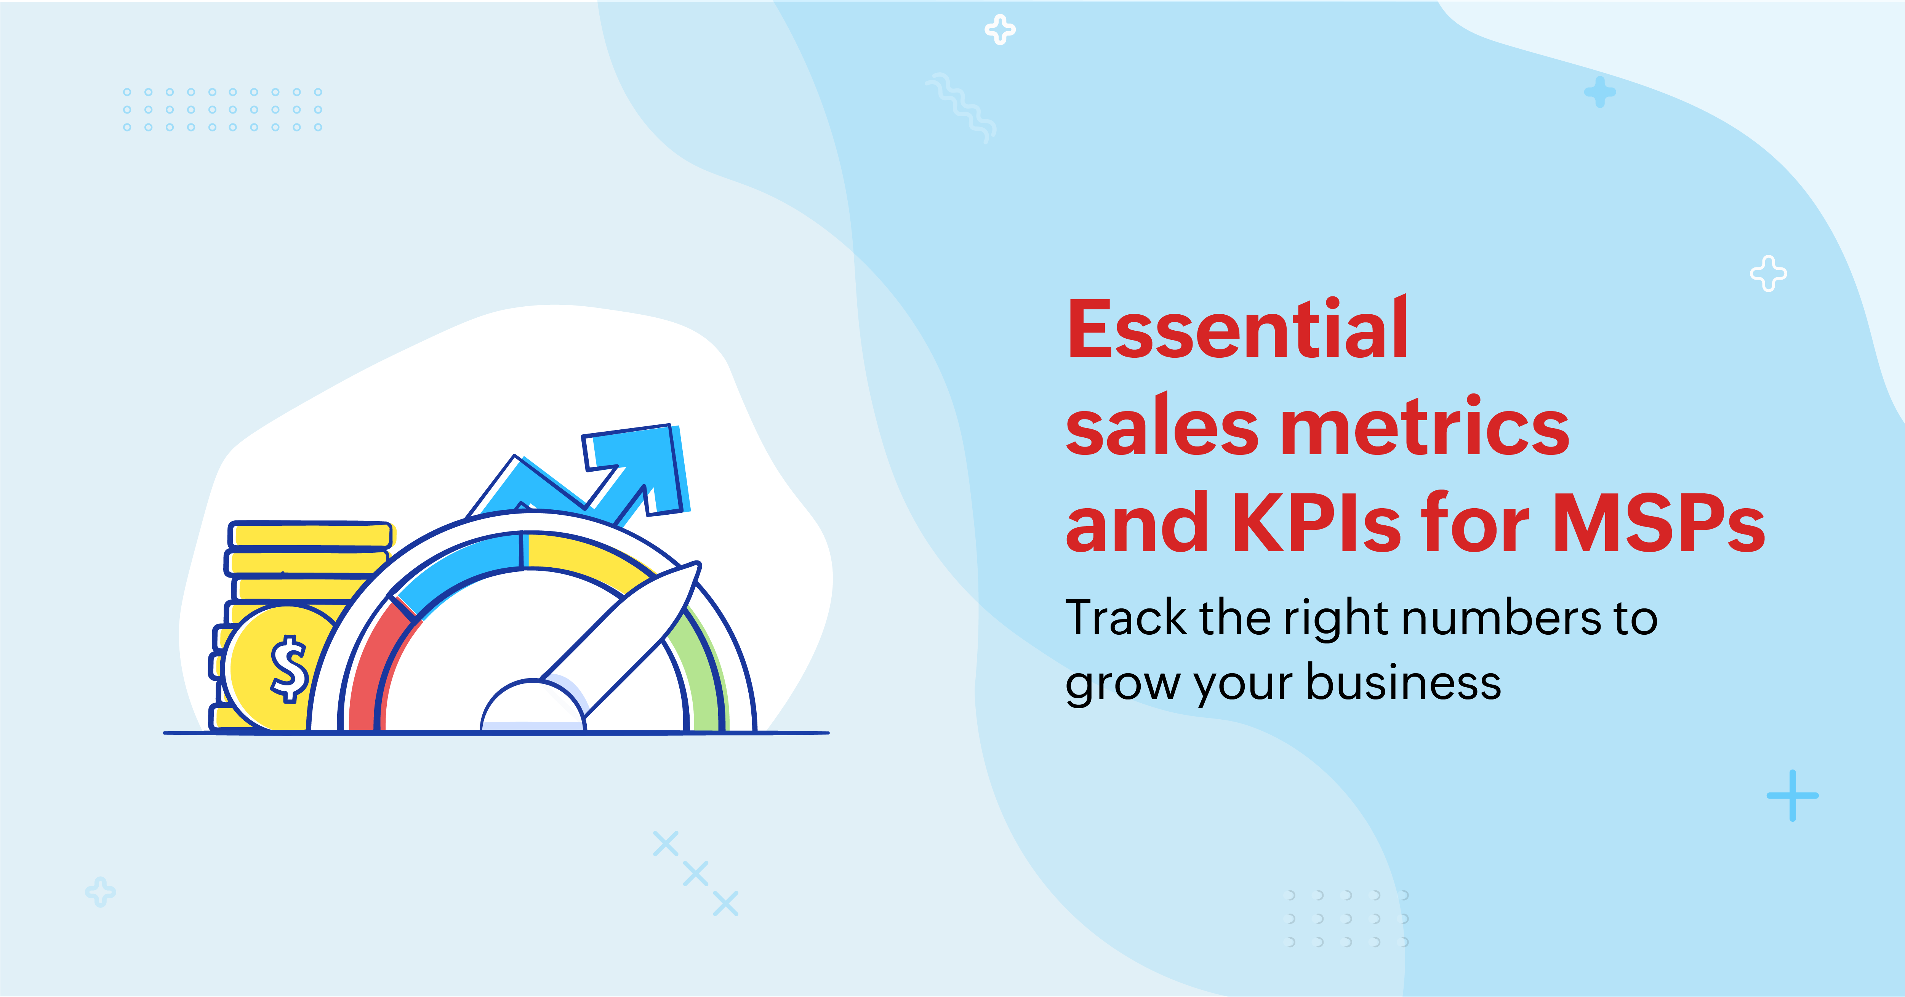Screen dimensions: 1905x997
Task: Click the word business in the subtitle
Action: click(x=1404, y=681)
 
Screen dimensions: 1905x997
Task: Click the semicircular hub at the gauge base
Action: click(x=533, y=706)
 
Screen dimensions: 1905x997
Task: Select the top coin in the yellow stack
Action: click(x=311, y=534)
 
